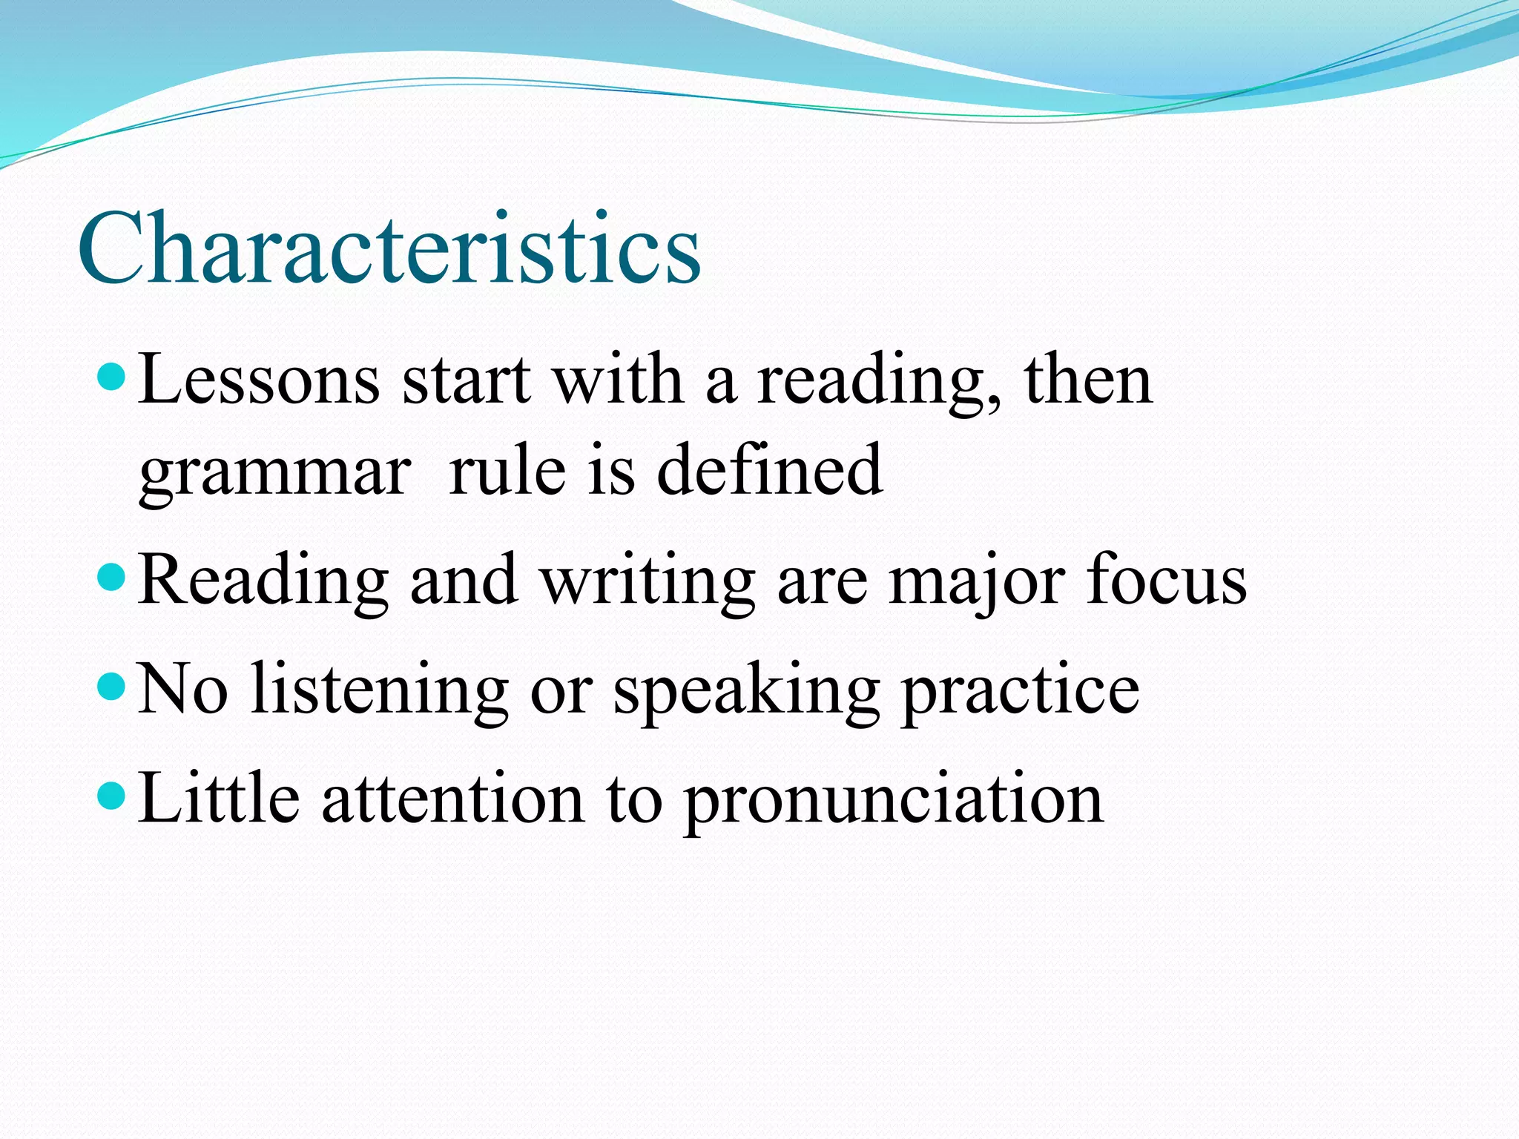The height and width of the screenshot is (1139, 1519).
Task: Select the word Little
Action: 219,798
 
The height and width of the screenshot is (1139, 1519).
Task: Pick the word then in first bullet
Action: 1088,380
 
